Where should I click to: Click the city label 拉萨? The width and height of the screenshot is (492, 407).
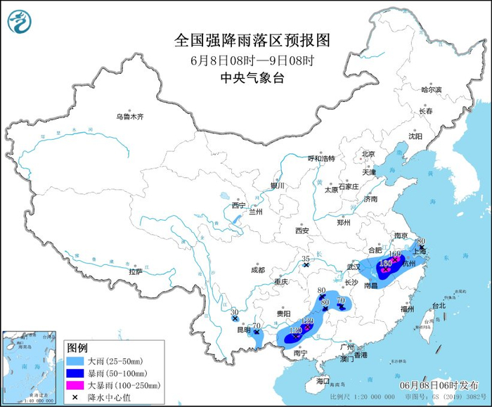(x=136, y=271)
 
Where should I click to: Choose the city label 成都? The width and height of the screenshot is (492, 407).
(x=257, y=269)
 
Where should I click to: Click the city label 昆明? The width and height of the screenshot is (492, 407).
(x=242, y=330)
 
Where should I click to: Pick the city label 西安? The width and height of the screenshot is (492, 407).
(x=302, y=230)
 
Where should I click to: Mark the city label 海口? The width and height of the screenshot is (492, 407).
(x=323, y=380)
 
